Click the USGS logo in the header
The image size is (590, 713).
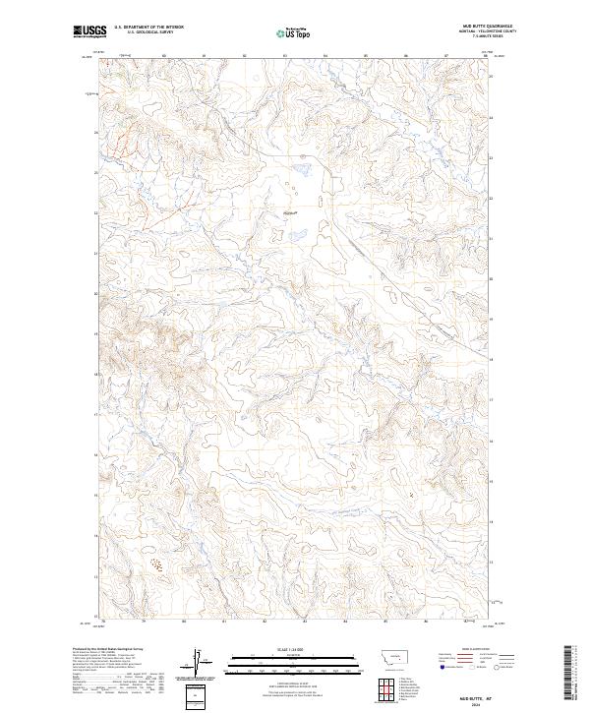(89, 31)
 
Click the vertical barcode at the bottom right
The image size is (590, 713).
(568, 674)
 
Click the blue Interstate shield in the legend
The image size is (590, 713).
(440, 665)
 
